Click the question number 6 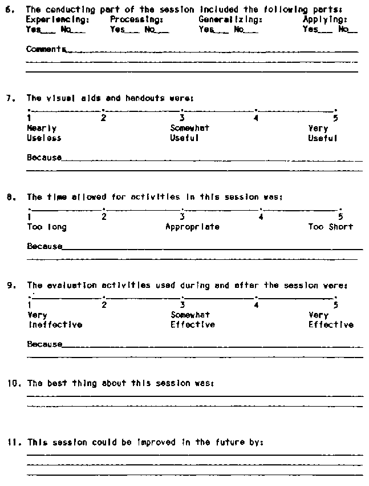tap(9, 9)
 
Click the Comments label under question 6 tap(45, 50)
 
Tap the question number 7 tap(9, 98)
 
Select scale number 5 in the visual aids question tap(335, 118)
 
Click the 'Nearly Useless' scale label tap(44, 133)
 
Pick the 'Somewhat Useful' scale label tap(189, 133)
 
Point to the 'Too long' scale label tap(47, 227)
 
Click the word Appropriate tap(192, 227)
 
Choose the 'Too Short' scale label tap(330, 227)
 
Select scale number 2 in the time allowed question tap(104, 216)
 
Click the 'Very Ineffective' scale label tap(54, 320)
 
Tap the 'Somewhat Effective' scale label tap(192, 320)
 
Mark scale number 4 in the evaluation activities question tap(257, 304)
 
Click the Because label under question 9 tap(44, 344)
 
